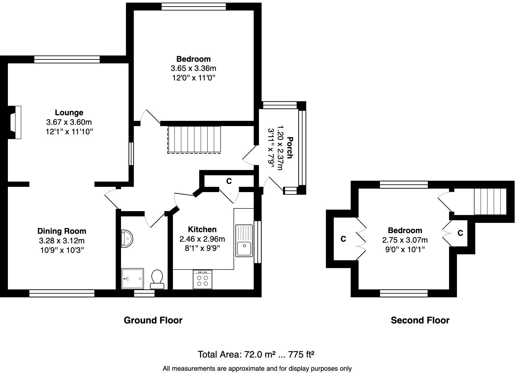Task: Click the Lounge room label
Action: click(x=69, y=113)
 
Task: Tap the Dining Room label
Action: click(x=62, y=231)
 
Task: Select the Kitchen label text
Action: click(x=202, y=230)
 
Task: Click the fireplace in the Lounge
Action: click(x=15, y=122)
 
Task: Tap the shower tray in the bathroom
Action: click(x=132, y=279)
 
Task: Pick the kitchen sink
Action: click(x=244, y=241)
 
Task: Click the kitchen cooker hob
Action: click(x=202, y=280)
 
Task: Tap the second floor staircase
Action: click(x=490, y=201)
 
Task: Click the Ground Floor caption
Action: click(x=153, y=320)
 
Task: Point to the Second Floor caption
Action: click(x=420, y=320)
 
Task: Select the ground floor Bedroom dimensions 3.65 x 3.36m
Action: click(x=193, y=69)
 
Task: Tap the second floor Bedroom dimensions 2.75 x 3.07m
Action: click(x=405, y=240)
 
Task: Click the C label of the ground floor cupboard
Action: click(x=229, y=181)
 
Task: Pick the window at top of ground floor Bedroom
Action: click(x=193, y=7)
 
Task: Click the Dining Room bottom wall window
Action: click(x=62, y=293)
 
